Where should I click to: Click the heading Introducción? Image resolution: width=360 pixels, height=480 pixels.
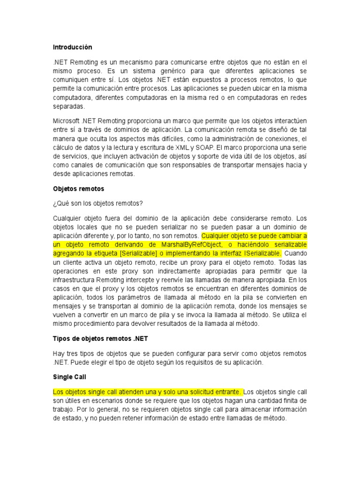(x=72, y=47)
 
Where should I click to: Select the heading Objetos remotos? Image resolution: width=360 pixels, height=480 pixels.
(x=78, y=189)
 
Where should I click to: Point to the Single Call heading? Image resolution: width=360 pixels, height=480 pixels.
(x=69, y=377)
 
